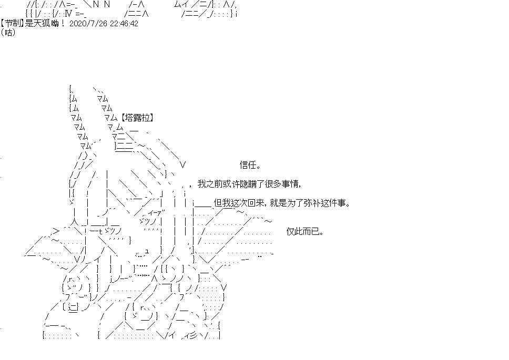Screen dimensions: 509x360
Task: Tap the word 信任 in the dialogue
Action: pos(248,165)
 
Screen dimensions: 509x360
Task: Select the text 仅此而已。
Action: pos(305,232)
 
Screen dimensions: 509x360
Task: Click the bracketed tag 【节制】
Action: pos(12,24)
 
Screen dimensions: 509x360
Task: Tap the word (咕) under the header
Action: pos(8,33)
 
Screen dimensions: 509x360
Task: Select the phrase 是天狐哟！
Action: pos(45,24)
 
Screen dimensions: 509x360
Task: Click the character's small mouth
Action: pos(142,254)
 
